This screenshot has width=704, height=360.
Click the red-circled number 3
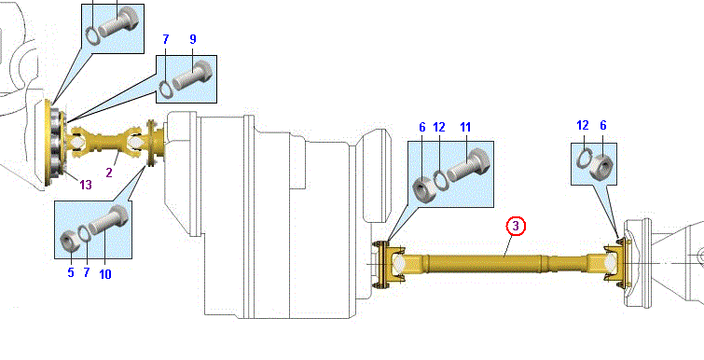pos(516,227)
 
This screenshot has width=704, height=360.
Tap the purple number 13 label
pos(85,184)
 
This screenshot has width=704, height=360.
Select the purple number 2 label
pos(109,172)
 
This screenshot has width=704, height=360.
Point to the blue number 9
pos(193,39)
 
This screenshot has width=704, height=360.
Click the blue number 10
pos(104,274)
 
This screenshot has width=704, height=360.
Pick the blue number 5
pos(71,272)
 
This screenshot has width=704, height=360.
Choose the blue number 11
pos(465,128)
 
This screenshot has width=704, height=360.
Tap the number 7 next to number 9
pos(166,39)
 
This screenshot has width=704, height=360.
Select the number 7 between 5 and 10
pos(87,272)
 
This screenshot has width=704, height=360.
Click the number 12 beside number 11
pos(438,128)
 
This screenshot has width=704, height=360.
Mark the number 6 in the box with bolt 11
pos(422,128)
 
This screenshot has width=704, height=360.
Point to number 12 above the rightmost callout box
pos(583,125)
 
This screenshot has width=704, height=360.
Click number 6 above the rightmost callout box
pos(603,125)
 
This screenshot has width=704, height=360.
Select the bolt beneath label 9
pos(193,75)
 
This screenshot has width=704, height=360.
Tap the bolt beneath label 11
pos(468,165)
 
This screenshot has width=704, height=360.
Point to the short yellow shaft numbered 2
pos(109,142)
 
